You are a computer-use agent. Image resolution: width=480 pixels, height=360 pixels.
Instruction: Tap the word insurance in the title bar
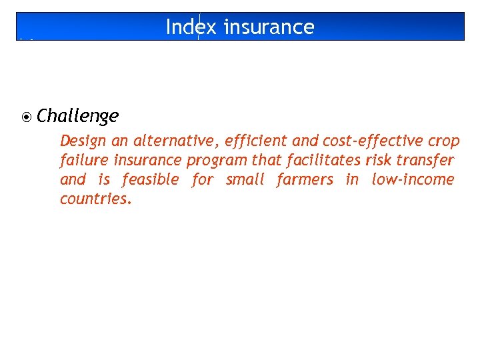click(269, 27)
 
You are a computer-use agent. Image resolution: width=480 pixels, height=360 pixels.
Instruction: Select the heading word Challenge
click(77, 117)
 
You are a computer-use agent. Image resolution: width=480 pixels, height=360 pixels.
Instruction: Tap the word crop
click(444, 141)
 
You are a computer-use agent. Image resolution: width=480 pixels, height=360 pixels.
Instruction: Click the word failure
click(82, 161)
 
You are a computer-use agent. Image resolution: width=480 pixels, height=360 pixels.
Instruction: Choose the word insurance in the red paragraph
click(149, 161)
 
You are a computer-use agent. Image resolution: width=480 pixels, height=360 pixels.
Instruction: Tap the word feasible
click(150, 180)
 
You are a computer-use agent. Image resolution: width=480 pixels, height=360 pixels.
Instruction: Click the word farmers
click(305, 180)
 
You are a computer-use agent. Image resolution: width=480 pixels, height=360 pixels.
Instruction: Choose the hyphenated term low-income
click(413, 180)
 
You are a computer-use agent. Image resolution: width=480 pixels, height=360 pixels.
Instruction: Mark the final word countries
click(96, 199)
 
